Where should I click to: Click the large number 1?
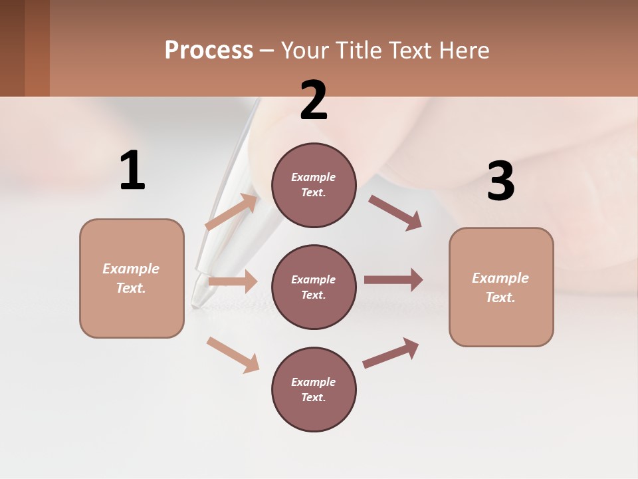(x=132, y=171)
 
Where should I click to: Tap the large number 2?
(x=314, y=100)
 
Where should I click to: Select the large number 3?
(x=500, y=182)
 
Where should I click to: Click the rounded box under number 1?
(x=132, y=278)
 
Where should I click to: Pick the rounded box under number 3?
(x=501, y=287)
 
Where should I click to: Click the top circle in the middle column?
(x=314, y=185)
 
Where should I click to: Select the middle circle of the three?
(x=314, y=287)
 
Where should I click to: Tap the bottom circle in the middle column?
(x=314, y=389)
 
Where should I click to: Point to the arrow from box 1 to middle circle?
(x=233, y=281)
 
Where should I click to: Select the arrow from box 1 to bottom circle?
(x=233, y=355)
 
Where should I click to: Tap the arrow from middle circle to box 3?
(x=393, y=280)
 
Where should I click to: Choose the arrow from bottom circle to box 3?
(x=391, y=353)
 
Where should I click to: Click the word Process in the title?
(x=209, y=50)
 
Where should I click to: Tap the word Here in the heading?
(x=465, y=50)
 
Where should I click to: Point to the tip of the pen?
(x=195, y=305)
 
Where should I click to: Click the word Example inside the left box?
(x=131, y=269)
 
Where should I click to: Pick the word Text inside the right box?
(x=499, y=297)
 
